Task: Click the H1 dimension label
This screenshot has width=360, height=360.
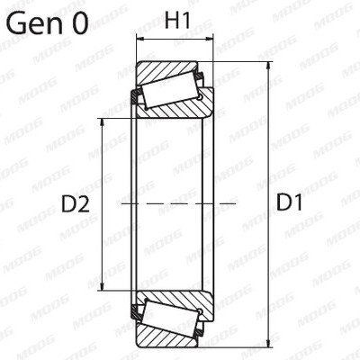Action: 177,21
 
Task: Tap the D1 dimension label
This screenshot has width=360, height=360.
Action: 289,202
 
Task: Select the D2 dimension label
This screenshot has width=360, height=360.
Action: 76,204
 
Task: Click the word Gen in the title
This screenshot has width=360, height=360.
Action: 34,22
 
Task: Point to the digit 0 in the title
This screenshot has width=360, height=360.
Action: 80,22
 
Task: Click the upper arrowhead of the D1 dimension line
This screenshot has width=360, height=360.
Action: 268,67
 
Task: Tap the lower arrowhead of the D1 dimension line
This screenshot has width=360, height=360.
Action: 268,343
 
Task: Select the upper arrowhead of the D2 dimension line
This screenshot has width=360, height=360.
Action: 102,123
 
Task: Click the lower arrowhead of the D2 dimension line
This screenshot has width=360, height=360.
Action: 102,285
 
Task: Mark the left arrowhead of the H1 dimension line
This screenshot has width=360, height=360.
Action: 141,39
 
